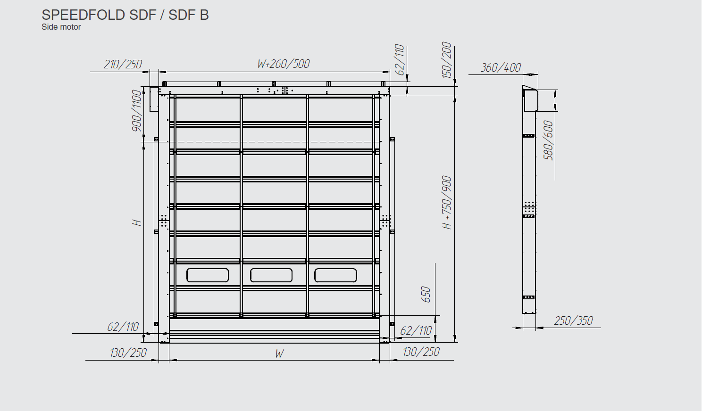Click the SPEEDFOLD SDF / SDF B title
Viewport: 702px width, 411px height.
point(125,15)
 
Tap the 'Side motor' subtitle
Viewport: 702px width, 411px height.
point(61,27)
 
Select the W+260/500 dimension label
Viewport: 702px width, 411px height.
point(284,64)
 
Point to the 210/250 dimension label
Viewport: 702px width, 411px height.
point(123,64)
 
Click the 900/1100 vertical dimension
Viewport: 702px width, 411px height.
point(137,110)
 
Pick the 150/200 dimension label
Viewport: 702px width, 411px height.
point(446,60)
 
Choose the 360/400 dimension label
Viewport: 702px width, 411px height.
point(501,67)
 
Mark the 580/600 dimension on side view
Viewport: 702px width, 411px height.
point(548,140)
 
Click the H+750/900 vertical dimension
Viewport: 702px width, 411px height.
point(447,203)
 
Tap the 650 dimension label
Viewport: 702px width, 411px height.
point(426,294)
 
